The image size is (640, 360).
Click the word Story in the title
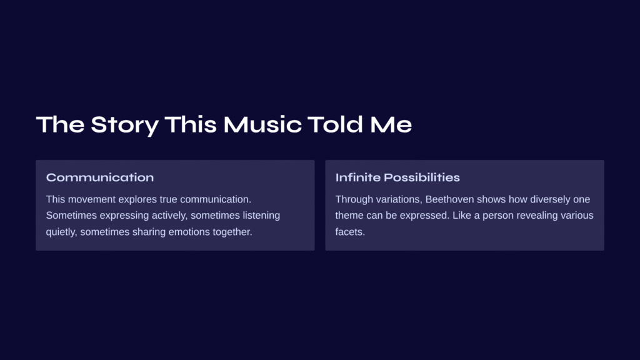point(124,125)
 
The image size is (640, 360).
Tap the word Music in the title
point(262,124)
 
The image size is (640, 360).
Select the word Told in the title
point(335,124)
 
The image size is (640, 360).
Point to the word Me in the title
point(391,124)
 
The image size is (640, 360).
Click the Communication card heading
point(100,177)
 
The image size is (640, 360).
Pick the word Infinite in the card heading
point(357,177)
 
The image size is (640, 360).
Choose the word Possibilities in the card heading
point(422,177)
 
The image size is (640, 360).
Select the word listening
point(261,216)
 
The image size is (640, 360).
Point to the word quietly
point(62,232)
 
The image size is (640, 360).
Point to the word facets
point(350,232)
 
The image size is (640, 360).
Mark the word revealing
point(537,216)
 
